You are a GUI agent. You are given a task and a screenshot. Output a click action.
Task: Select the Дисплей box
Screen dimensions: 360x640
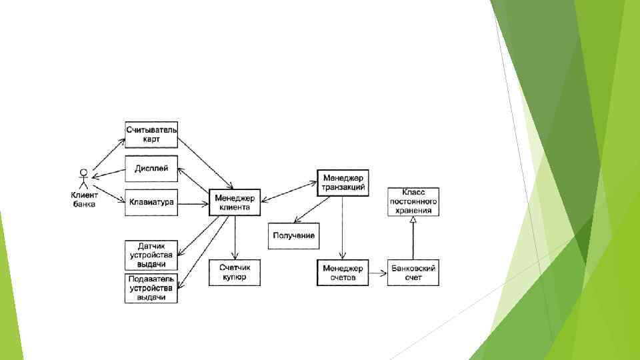coord(151,169)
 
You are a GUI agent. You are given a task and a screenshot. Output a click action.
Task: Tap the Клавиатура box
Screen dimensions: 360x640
coord(151,202)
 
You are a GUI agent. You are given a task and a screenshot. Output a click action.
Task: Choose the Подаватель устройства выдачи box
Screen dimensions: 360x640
coord(151,288)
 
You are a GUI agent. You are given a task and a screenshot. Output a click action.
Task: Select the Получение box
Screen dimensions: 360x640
coord(293,236)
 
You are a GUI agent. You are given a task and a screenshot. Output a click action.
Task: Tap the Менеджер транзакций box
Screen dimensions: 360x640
coord(343,183)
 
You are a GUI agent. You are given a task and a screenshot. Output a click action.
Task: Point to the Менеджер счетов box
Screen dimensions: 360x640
coord(343,273)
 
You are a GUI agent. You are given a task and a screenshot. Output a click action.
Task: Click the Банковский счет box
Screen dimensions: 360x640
coord(413,273)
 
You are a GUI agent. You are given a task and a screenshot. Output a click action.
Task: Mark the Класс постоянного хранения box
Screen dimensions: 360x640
coord(413,201)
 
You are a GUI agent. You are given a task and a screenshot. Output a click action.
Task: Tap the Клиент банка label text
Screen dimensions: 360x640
coord(84,199)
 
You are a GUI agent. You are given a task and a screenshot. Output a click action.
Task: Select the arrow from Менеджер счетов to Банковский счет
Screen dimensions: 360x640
coord(377,273)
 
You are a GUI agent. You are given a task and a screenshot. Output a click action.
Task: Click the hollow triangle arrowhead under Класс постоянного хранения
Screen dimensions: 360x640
coord(413,220)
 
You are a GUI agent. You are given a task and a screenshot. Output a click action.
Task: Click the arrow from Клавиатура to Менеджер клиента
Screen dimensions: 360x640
coord(193,203)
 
